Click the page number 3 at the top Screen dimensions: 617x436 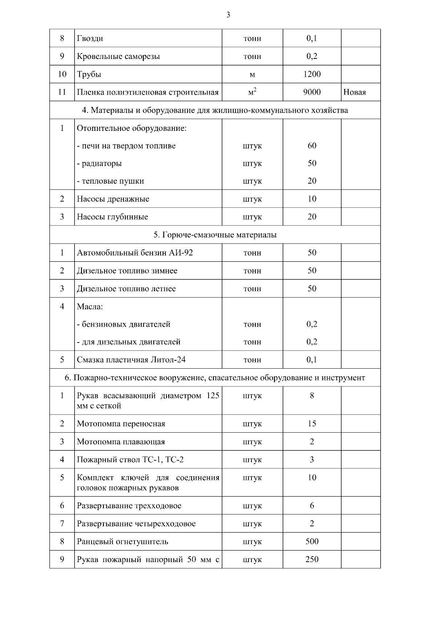point(228,15)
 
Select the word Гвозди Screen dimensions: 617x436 point(90,39)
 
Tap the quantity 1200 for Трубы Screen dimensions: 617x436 point(312,74)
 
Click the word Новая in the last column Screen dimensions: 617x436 point(354,92)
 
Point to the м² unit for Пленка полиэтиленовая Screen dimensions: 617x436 point(252,92)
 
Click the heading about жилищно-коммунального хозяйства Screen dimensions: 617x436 point(215,110)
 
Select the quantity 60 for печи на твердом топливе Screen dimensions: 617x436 point(312,146)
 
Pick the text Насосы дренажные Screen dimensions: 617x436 point(113,199)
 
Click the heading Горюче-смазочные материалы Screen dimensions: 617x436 point(215,235)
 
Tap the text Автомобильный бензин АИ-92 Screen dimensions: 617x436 point(135,253)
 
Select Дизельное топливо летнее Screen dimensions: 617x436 point(126,289)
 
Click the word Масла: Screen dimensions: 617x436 point(90,307)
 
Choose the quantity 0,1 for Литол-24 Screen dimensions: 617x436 point(312,360)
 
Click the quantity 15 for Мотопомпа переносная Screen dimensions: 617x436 point(312,424)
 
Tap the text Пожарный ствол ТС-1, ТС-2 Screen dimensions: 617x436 point(130,460)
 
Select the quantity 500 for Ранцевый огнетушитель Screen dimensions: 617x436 point(312,541)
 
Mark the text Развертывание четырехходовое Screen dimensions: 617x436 point(136,524)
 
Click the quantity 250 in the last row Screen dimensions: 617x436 point(312,559)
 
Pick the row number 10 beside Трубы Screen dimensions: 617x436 point(62,74)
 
